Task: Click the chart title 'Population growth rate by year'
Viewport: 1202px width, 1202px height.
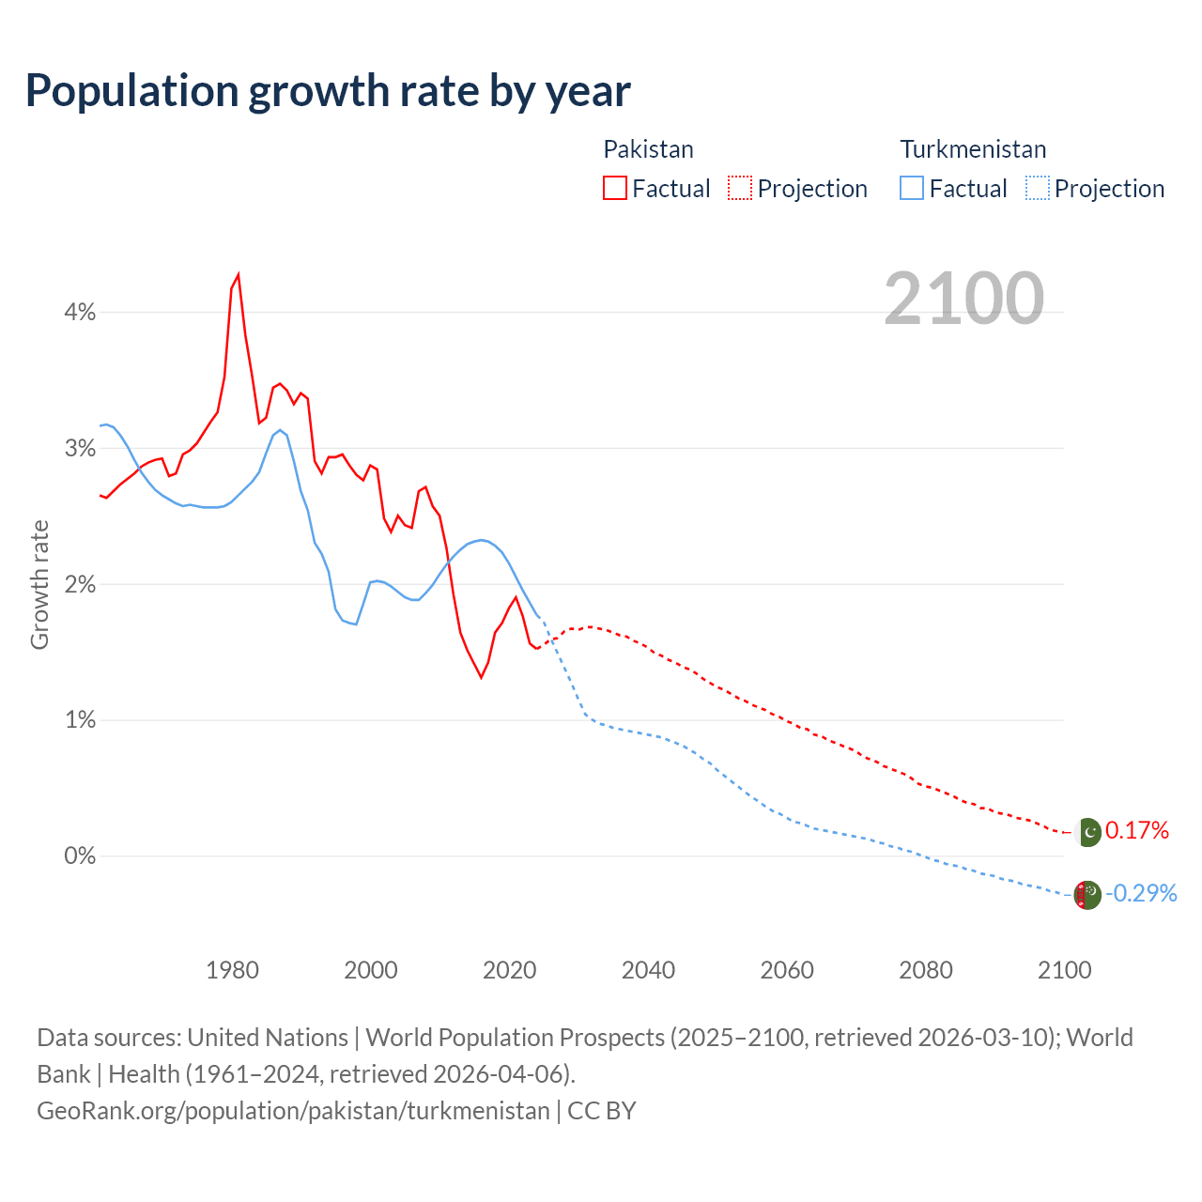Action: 328,90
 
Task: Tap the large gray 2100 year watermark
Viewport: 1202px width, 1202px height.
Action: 963,298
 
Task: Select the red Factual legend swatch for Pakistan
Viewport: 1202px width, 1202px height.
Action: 615,188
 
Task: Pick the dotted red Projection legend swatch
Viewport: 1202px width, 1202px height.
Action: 740,188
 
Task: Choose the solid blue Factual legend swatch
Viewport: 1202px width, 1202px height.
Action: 912,188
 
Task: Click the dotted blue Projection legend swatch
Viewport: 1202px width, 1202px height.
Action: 1037,188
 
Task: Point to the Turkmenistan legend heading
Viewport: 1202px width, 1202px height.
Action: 973,149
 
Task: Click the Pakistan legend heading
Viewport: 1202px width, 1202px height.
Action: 648,149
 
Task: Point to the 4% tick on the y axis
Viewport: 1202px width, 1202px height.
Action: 80,313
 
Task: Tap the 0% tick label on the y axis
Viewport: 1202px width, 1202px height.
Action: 80,855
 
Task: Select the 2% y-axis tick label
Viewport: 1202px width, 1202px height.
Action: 80,584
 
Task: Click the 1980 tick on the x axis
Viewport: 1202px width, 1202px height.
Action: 232,970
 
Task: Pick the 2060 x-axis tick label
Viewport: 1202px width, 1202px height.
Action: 787,970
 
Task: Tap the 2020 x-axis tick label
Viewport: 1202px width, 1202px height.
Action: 509,970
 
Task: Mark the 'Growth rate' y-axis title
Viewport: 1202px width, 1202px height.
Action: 39,584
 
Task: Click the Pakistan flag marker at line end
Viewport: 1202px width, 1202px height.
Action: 1087,832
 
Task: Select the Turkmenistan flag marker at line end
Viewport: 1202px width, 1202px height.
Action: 1087,895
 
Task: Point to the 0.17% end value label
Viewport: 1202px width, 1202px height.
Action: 1137,830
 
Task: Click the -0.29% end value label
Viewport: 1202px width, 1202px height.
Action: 1141,893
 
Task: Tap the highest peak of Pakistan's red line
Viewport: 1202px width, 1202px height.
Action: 239,274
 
